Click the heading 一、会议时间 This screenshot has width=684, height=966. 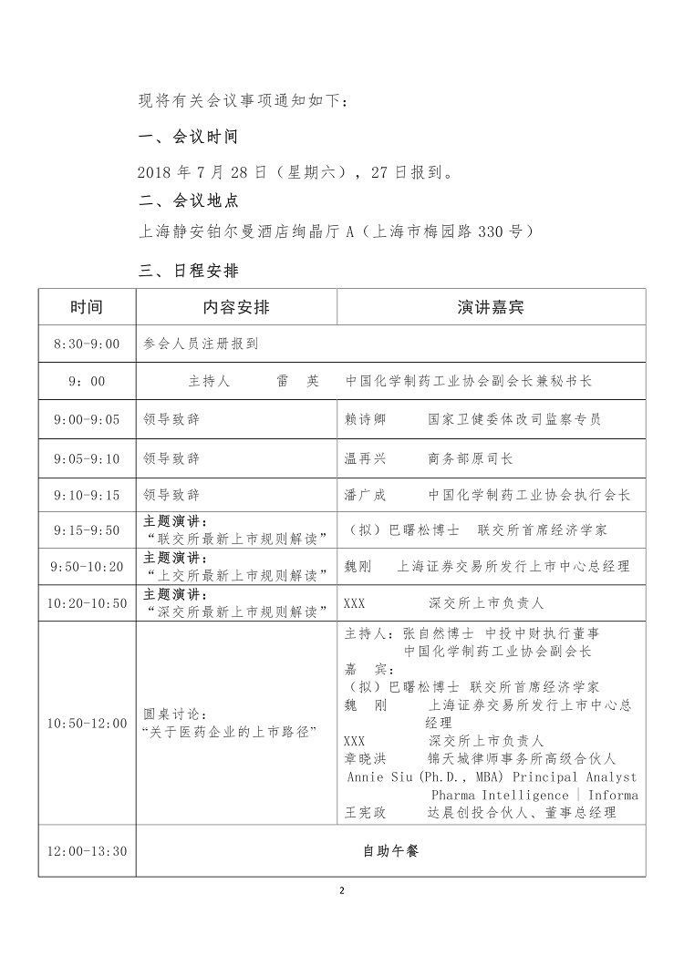pos(187,138)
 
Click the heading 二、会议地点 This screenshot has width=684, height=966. pos(187,200)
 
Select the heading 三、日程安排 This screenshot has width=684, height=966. pos(187,271)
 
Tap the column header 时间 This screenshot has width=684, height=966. pos(87,307)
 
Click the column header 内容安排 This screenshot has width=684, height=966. pos(236,307)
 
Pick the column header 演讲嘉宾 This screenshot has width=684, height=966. pos(491,307)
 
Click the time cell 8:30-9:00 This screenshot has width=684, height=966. pos(87,344)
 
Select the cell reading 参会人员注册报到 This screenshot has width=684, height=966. pos(202,344)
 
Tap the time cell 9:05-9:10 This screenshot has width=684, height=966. pos(87,458)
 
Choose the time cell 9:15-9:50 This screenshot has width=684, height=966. pos(87,529)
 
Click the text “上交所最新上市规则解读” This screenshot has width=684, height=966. pos(236,574)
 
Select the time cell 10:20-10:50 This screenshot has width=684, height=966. pos(87,603)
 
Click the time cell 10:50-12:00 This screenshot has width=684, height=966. pos(87,723)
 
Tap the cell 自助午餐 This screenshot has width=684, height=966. pos(390,851)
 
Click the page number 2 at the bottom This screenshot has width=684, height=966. pos(342,890)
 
